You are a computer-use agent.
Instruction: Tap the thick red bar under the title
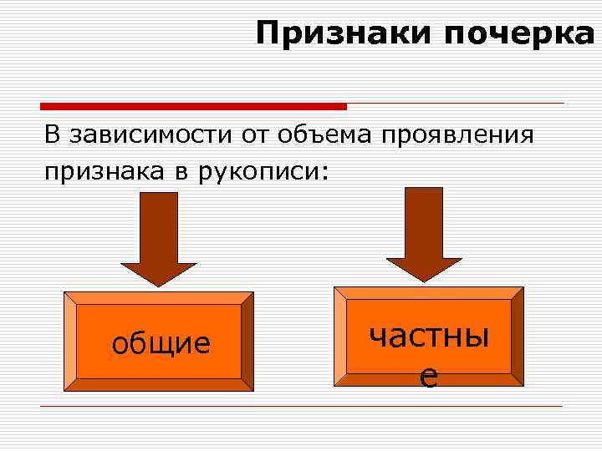click(x=193, y=106)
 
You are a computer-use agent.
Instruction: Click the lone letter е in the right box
click(x=428, y=378)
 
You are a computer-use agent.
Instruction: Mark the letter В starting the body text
click(x=54, y=134)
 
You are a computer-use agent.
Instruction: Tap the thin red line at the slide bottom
click(x=301, y=406)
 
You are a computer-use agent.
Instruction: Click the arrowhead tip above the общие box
click(x=159, y=285)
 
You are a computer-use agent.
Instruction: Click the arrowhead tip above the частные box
click(x=424, y=280)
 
